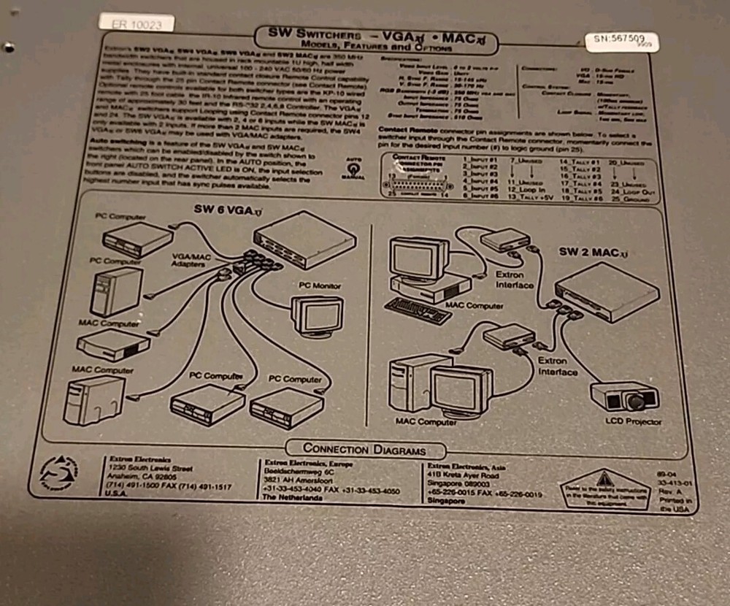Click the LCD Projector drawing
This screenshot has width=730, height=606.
pyautogui.click(x=625, y=397)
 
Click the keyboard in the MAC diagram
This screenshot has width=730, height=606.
pyautogui.click(x=418, y=310)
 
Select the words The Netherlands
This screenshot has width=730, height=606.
pyautogui.click(x=292, y=498)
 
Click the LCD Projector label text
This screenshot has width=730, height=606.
pyautogui.click(x=633, y=421)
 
